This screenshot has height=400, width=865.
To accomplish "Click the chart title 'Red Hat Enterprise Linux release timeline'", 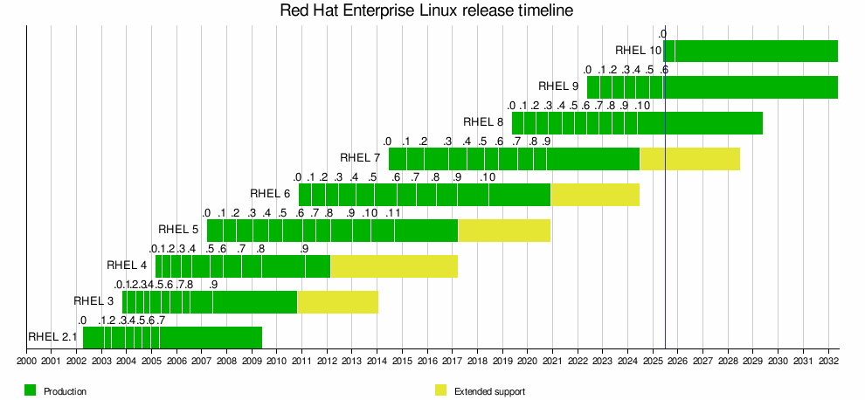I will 426,11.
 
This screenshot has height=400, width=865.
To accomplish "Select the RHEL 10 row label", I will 638,51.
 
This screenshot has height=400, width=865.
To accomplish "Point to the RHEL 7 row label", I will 360,158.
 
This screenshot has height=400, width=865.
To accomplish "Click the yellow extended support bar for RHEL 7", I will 689,159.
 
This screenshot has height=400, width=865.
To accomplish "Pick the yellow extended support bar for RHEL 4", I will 394,266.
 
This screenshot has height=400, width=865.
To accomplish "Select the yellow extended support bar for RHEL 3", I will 337,301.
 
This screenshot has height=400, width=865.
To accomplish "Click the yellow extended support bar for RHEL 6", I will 595,194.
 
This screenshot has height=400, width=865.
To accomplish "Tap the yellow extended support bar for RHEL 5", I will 504,230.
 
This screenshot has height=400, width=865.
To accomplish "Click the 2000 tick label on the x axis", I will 26,361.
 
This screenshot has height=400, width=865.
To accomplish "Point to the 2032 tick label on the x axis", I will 827,361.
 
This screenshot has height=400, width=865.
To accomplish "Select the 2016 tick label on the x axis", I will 427,361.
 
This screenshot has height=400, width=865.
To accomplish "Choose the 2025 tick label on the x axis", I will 653,361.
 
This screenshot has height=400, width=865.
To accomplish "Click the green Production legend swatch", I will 31,390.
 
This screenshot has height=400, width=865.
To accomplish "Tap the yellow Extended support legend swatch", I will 440,390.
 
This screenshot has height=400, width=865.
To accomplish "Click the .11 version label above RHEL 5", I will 393,213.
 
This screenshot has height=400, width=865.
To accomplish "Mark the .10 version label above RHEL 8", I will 642,106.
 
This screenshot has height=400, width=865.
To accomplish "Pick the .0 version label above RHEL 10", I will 662,34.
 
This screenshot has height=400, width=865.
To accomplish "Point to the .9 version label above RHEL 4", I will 304,249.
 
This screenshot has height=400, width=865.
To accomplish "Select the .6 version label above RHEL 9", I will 664,70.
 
